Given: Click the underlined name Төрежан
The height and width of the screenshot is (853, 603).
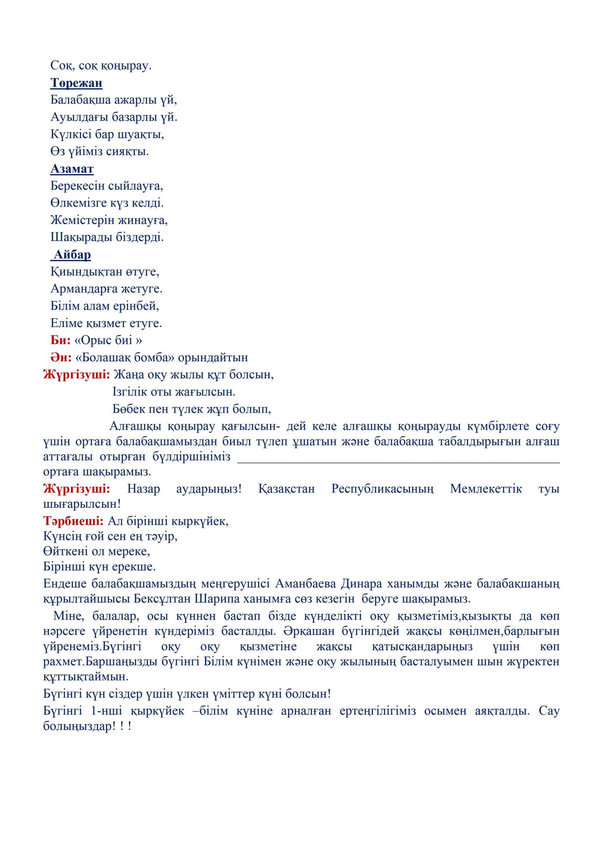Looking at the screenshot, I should click(x=76, y=83).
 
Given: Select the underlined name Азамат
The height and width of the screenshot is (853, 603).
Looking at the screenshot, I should click(x=72, y=169).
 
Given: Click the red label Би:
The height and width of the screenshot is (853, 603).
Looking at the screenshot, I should click(x=60, y=340).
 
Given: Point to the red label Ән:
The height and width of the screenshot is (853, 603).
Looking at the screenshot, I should click(x=61, y=357).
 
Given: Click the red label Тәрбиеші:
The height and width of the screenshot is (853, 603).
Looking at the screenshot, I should click(x=74, y=521).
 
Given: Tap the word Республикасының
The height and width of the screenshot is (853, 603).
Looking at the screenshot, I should click(x=382, y=488).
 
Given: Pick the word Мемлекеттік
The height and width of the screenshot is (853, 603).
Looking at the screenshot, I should click(x=486, y=488).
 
